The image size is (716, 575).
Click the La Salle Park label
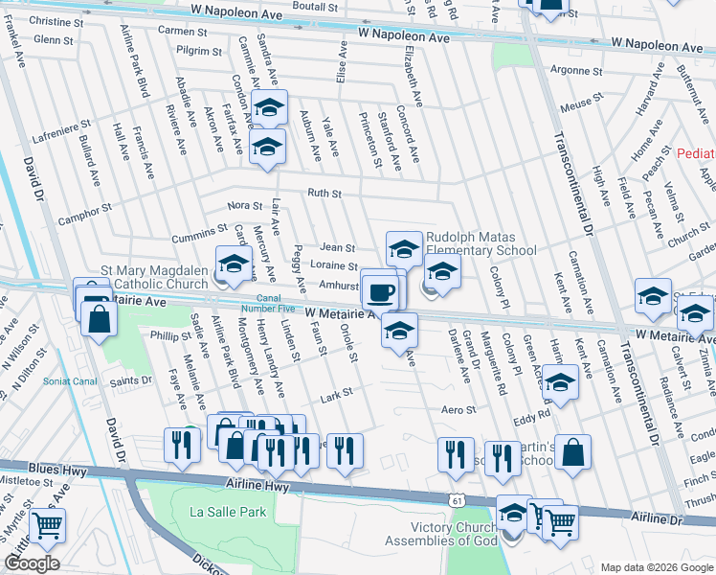tap(227, 512)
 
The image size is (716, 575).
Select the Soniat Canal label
tap(70, 380)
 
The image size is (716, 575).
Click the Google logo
tap(32, 563)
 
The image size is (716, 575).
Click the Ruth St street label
tap(324, 194)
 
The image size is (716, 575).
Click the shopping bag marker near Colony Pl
tap(571, 455)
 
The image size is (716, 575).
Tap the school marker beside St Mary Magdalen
tap(234, 263)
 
